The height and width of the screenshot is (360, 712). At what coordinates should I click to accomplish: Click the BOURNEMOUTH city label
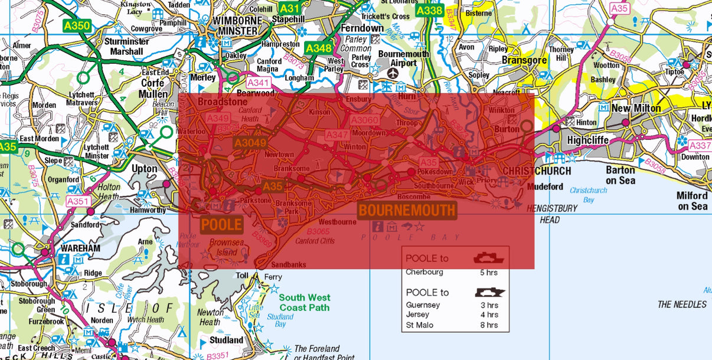coord(407,210)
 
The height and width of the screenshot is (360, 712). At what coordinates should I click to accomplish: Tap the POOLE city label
coord(221,224)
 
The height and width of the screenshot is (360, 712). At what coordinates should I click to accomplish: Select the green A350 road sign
coord(76,25)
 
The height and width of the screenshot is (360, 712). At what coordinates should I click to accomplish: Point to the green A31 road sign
coord(289,8)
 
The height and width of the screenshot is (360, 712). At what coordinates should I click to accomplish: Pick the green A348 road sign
coord(318,48)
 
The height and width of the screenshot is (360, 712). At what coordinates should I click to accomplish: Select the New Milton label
coord(636,109)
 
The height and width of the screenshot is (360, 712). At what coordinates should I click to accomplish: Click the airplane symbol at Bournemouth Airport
coord(393,73)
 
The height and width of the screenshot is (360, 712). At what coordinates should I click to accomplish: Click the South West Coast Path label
coord(305,302)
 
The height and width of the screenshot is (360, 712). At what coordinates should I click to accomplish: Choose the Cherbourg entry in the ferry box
coord(424,272)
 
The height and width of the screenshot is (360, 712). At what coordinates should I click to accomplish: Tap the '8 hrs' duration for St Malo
coord(489,325)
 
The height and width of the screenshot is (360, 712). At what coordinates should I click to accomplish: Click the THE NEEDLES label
coord(682,305)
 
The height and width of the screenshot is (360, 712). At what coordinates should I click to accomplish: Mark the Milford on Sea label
coord(692,201)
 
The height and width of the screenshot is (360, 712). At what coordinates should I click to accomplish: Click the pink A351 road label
coord(77,201)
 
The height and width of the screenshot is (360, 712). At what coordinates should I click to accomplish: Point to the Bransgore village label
coord(524,60)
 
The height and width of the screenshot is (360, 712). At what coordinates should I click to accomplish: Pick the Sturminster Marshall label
coord(126,46)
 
